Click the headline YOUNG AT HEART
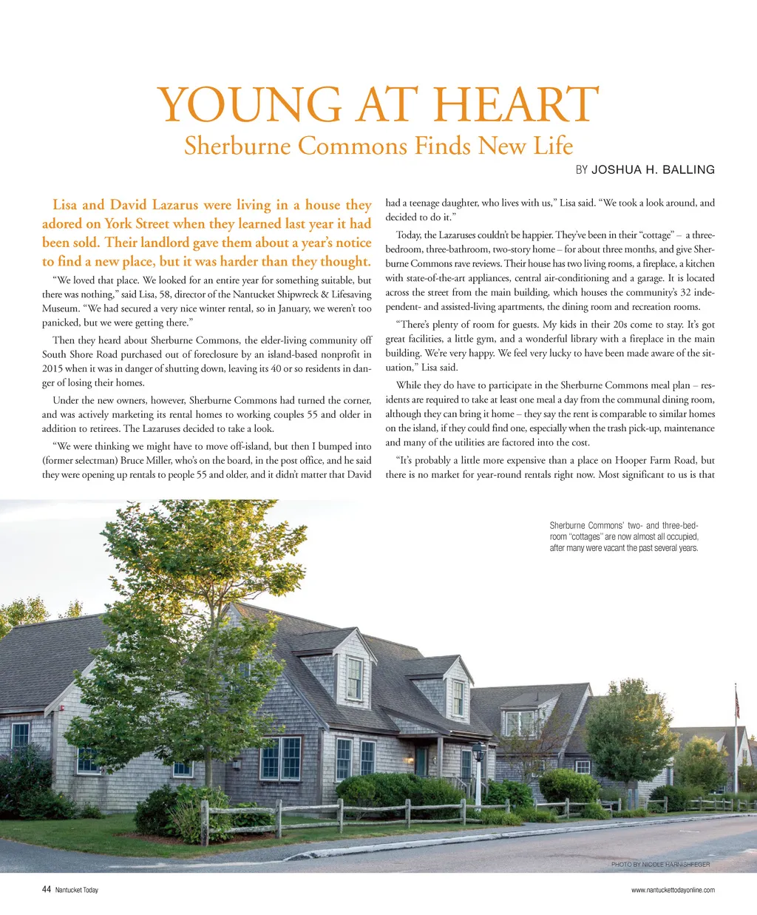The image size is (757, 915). point(378,104)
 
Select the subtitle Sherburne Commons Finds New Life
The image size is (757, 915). point(378,145)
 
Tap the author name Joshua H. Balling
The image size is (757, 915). point(653,170)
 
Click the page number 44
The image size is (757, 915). point(46,890)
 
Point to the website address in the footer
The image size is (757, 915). point(673,890)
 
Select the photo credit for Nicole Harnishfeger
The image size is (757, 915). point(660,864)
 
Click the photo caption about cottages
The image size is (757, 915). point(624,537)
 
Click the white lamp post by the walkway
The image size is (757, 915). point(478,773)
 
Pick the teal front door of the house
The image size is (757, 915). point(421,761)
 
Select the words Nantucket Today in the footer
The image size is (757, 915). point(77,890)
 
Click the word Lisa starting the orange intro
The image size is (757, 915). point(65,205)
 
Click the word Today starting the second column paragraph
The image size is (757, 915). point(409,235)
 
